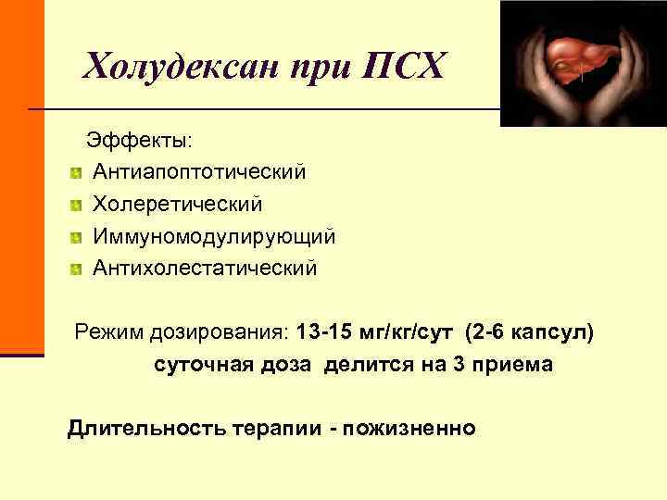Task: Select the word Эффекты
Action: (x=140, y=140)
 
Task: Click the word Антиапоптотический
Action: (x=198, y=171)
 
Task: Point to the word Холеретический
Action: (x=177, y=204)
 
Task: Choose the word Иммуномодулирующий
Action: (x=213, y=236)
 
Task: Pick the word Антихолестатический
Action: (x=204, y=269)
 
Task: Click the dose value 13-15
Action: (x=323, y=331)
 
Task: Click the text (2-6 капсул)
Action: (x=530, y=331)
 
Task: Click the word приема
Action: (x=514, y=365)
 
